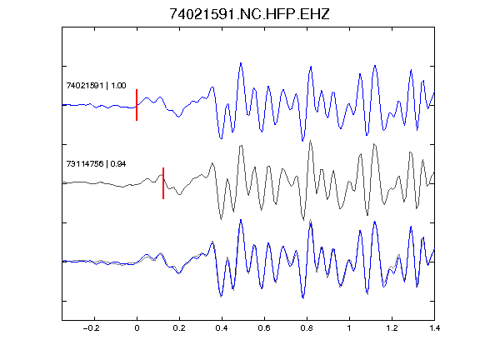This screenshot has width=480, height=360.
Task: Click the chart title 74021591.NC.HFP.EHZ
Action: point(249,14)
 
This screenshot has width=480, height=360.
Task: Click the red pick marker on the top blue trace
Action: point(137,105)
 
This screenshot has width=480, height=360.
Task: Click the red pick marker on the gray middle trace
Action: point(163,183)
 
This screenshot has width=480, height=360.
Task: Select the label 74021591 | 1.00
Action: point(96,85)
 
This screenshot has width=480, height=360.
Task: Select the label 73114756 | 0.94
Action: point(96,164)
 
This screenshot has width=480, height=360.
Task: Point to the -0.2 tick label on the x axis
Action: point(92,328)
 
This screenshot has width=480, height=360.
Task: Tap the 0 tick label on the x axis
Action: point(137,328)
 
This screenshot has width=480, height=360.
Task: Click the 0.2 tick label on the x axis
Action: point(179,328)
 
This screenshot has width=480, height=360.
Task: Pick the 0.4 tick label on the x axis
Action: point(222,328)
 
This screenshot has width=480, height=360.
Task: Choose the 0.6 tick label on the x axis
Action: point(264,328)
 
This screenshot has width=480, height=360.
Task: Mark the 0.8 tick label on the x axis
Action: point(307,328)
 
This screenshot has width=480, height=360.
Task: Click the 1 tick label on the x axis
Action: point(349,328)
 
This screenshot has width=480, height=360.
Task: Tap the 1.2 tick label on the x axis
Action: point(392,328)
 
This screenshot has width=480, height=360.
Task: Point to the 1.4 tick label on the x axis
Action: point(434,328)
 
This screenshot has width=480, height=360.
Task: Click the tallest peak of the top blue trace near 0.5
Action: point(241,63)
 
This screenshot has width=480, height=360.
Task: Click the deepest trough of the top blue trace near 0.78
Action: point(302,141)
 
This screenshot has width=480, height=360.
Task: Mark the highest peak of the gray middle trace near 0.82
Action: point(310,141)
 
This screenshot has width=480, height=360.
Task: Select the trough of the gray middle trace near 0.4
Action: point(221,219)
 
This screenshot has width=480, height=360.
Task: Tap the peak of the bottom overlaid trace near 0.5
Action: point(241,220)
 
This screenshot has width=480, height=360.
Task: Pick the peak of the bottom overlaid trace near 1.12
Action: point(375,222)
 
